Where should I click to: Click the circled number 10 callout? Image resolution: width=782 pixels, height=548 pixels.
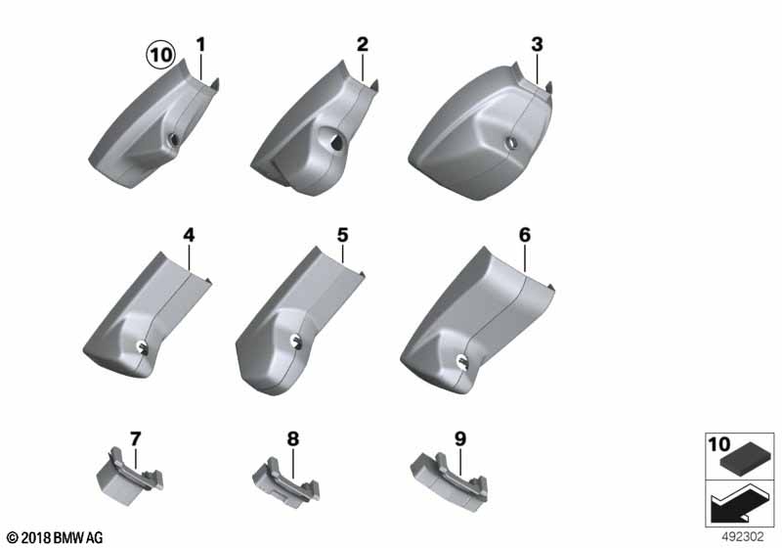160,55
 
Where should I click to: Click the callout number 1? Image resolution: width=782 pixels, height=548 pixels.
200,45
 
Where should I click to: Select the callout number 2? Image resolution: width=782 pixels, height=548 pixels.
362,44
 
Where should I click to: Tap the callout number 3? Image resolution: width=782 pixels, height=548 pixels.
537,44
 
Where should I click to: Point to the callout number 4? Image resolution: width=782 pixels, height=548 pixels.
189,235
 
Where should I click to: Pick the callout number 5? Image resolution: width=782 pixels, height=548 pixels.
343,235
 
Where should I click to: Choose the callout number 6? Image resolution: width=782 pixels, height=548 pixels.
525,235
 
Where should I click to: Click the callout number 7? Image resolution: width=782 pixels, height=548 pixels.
136,439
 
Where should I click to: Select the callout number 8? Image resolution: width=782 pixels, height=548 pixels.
292,439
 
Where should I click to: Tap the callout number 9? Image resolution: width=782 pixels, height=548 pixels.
459,439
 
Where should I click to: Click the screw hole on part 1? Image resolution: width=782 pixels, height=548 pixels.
175,140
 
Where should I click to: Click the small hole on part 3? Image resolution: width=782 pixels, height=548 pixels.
511,143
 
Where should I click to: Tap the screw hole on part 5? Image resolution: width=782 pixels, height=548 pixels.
297,341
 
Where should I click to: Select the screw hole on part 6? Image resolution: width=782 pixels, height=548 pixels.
461,360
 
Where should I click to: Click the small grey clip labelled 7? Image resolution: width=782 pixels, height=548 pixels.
129,476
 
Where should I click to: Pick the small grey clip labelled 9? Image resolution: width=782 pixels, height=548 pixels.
449,476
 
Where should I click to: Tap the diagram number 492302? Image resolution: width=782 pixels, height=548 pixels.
743,537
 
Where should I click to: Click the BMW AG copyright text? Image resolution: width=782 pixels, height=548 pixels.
56,537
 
